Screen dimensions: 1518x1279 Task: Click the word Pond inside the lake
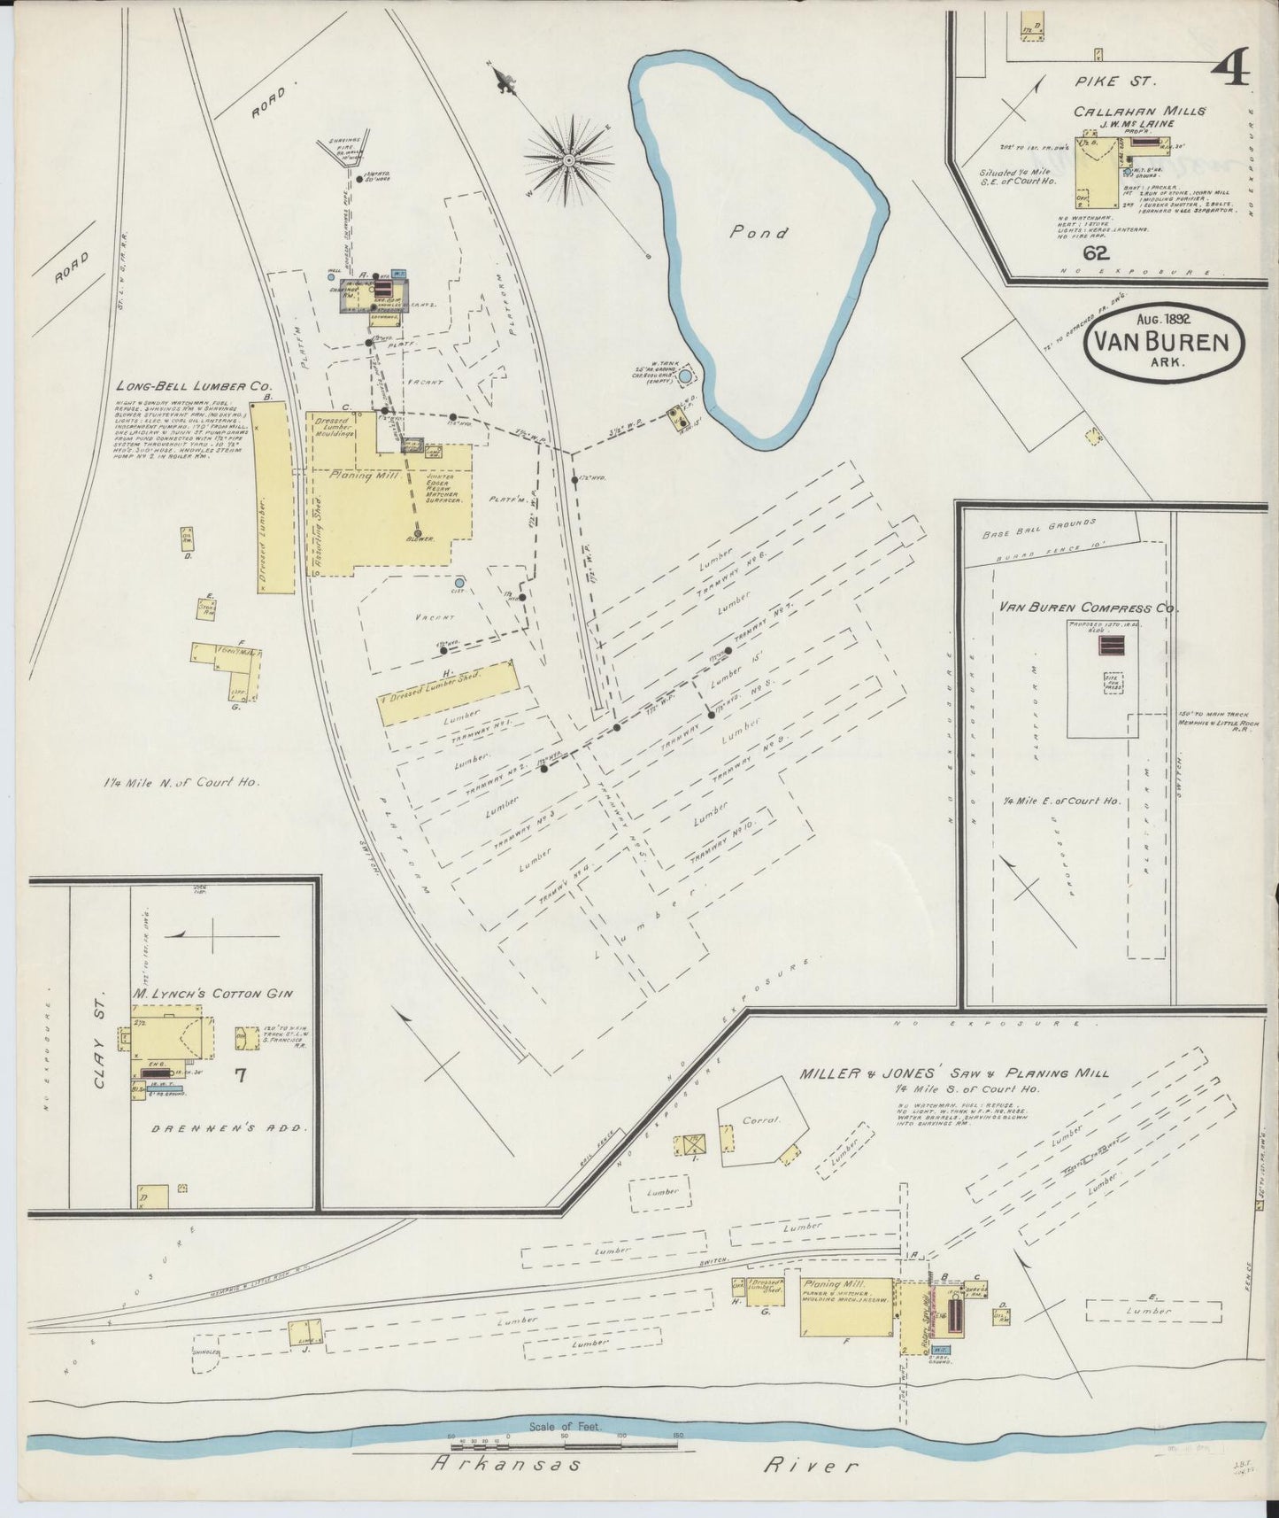click(759, 233)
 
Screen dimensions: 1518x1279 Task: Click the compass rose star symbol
click(567, 160)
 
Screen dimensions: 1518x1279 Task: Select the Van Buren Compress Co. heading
click(1088, 608)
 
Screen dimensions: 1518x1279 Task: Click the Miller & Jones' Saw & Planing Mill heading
click(953, 1073)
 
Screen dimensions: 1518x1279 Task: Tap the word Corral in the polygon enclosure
click(760, 1119)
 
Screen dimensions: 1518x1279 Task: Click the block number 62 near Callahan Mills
click(1096, 254)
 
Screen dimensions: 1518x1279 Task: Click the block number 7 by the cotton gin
click(240, 1076)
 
